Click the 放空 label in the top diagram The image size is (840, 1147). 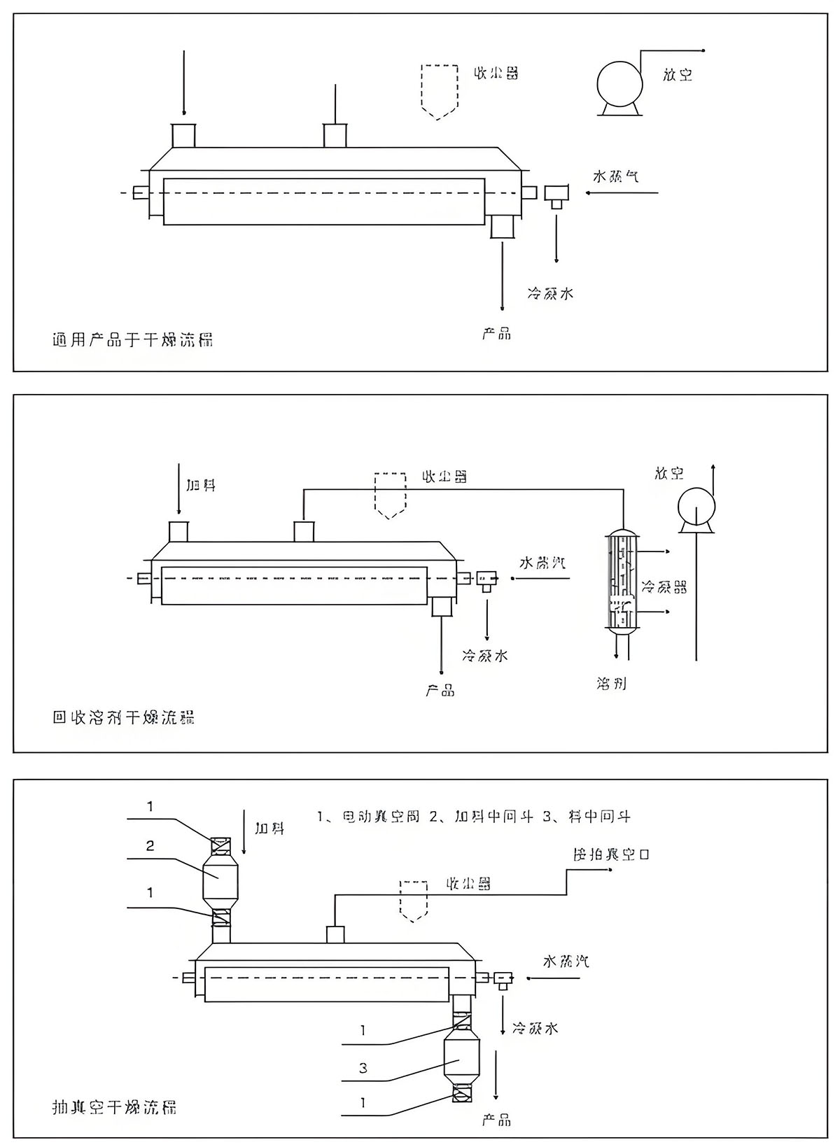pyautogui.click(x=678, y=74)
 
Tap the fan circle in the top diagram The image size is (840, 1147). pyautogui.click(x=619, y=83)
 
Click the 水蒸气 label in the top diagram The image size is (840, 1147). pyautogui.click(x=616, y=176)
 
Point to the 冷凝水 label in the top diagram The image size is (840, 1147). pyautogui.click(x=550, y=293)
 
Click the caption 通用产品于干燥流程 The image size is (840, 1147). pyautogui.click(x=133, y=340)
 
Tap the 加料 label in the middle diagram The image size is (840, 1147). pyautogui.click(x=201, y=485)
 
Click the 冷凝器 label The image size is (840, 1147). pyautogui.click(x=664, y=586)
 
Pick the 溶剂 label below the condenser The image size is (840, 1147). pyautogui.click(x=612, y=683)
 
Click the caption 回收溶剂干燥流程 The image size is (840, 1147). pyautogui.click(x=124, y=717)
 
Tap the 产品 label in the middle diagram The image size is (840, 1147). pyautogui.click(x=440, y=691)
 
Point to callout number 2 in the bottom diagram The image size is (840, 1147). pyautogui.click(x=149, y=846)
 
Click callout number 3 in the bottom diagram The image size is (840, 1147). pyautogui.click(x=363, y=1068)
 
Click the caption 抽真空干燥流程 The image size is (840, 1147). pyautogui.click(x=115, y=1106)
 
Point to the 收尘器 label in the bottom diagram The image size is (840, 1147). pyautogui.click(x=468, y=884)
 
